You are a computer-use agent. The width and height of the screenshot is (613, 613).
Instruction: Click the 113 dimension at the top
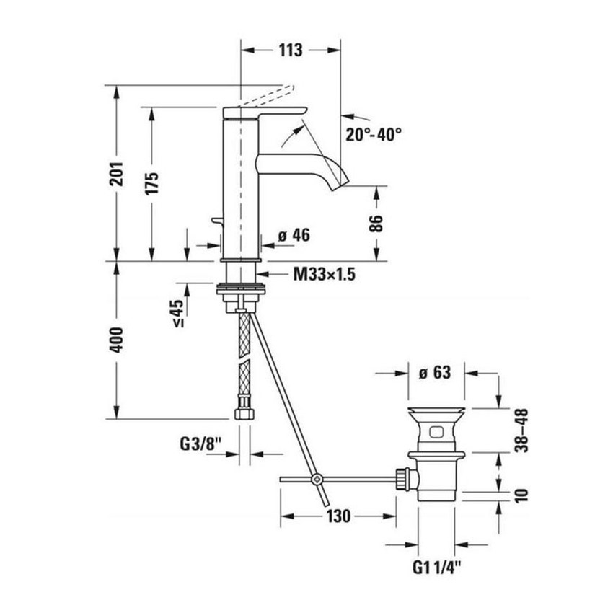tap(288, 50)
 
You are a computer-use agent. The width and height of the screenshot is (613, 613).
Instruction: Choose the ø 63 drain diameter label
tap(434, 373)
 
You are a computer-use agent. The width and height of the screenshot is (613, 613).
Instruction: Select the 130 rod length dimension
tap(338, 516)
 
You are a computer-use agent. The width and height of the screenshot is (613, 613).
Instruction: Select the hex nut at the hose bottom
tap(244, 415)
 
